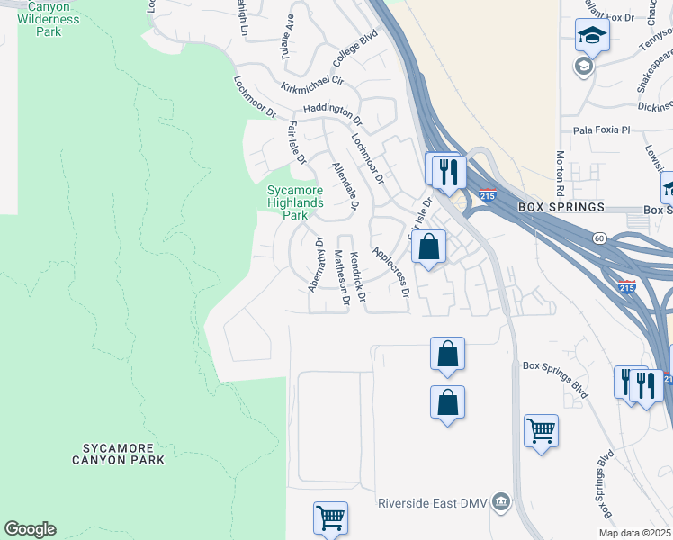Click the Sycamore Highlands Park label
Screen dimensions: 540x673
point(294,202)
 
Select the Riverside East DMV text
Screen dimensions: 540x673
point(435,501)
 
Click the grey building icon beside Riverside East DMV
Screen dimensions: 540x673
point(502,500)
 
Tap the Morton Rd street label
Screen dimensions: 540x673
point(560,174)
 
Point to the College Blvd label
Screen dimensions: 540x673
point(355,50)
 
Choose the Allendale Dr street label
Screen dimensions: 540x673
point(345,188)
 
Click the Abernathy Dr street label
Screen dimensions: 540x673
point(316,265)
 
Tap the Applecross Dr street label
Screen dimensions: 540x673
point(391,272)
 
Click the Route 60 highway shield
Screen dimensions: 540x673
point(598,238)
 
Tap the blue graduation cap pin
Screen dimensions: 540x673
point(592,35)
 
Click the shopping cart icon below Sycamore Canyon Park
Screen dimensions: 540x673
point(330,518)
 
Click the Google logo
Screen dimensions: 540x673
point(30,529)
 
